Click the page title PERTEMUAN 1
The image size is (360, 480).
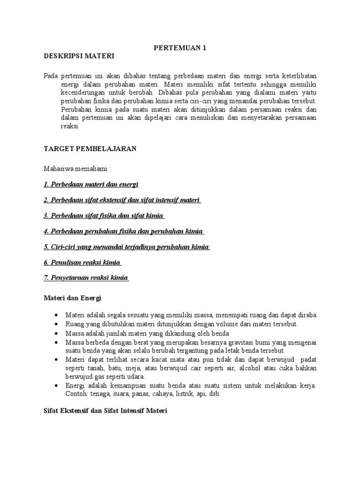click(180, 47)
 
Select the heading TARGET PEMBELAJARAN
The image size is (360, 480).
click(90, 148)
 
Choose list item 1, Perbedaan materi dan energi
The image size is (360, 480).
click(91, 184)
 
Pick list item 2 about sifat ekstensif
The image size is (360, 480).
click(122, 200)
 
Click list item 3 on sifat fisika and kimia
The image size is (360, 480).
click(104, 215)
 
